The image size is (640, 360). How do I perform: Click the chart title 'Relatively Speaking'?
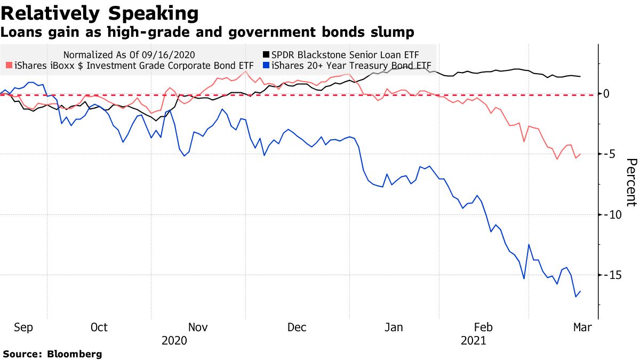coord(100,13)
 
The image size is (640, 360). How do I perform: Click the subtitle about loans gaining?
coord(207,33)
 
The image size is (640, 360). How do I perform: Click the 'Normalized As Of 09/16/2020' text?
coord(129,54)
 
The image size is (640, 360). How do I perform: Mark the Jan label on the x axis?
coord(394,327)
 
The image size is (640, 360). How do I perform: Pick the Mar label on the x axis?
coord(582,327)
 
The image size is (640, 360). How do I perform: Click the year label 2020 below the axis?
coord(174,340)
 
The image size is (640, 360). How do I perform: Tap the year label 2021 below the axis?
coord(474,340)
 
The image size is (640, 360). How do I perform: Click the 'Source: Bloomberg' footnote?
coord(52,354)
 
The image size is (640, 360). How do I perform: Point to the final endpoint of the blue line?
coord(580,291)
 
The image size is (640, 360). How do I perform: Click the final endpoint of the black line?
coord(580,76)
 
